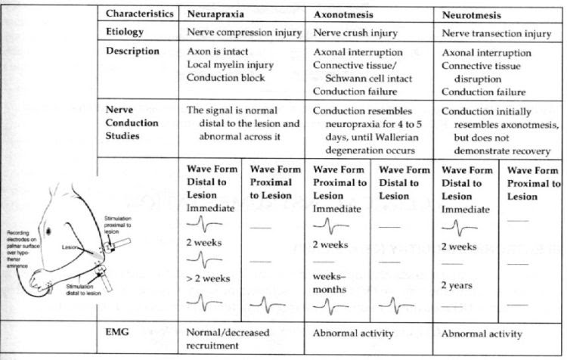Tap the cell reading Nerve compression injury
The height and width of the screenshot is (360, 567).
[x=245, y=33]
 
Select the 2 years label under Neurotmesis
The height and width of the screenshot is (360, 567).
[x=458, y=285]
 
